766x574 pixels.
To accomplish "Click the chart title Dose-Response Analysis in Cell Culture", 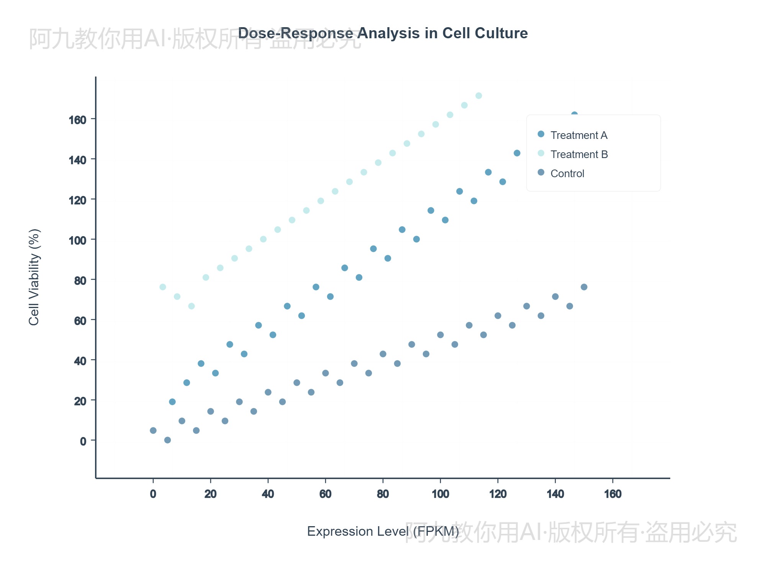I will click(383, 33).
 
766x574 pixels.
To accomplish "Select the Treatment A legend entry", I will click(578, 135).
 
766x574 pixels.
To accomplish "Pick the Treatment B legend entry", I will click(579, 154).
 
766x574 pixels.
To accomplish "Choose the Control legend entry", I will click(567, 173).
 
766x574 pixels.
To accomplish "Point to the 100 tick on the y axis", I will click(78, 240).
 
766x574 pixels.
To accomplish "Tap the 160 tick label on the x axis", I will click(612, 494).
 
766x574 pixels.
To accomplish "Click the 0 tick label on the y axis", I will click(83, 441).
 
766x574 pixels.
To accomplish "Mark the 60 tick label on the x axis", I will click(325, 494).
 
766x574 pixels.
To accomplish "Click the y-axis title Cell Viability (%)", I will click(34, 277).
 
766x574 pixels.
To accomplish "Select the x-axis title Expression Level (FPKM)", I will click(383, 531).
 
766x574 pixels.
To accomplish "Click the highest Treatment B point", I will click(479, 96).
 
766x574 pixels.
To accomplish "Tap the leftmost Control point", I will click(153, 430).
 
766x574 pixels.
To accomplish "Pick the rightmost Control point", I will click(584, 287).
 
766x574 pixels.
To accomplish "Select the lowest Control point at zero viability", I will click(167, 440).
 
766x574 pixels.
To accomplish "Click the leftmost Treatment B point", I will click(163, 287).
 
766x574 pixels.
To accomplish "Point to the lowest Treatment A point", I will click(172, 402).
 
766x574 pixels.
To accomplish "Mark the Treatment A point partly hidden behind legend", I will click(574, 114).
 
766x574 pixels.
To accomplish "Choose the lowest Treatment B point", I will click(191, 306).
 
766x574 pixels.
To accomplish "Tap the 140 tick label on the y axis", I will click(78, 160).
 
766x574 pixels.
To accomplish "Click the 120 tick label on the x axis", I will click(498, 494).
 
